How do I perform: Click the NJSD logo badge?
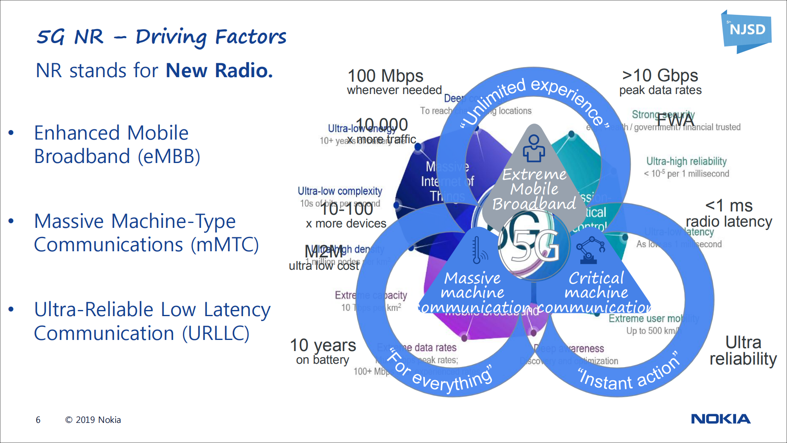746,30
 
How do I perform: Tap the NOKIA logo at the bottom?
721,419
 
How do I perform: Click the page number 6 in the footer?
38,420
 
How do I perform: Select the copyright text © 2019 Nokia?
93,420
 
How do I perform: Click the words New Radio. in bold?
219,71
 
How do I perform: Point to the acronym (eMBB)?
169,156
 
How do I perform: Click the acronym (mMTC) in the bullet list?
225,245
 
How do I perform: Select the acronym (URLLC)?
216,333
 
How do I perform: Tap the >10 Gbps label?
660,76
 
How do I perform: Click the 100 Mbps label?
385,76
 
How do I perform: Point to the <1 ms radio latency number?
729,205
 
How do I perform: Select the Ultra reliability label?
743,350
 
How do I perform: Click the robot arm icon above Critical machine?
590,250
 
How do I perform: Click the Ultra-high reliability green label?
686,161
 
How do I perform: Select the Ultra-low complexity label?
340,191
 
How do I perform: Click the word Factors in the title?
251,37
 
